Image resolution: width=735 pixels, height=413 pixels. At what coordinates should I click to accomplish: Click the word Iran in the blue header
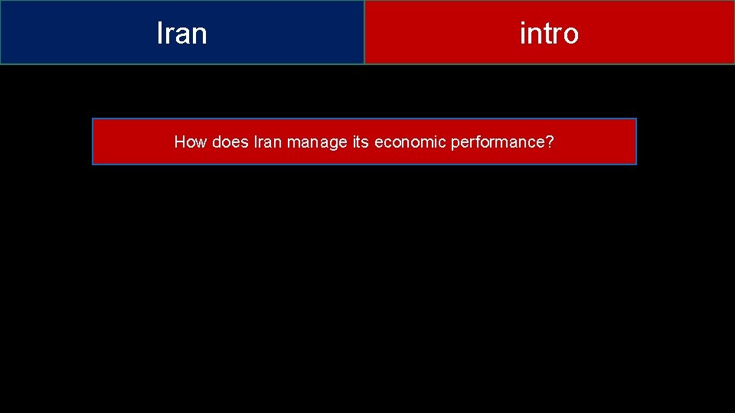coord(181,34)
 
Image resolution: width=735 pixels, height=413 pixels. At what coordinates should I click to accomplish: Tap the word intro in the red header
coord(549,34)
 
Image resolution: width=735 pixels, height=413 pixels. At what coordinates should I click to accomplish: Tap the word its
coord(361,141)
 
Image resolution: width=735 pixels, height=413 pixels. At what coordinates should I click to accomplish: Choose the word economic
coord(409,141)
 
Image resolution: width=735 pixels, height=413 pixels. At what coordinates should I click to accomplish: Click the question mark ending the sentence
coord(550,141)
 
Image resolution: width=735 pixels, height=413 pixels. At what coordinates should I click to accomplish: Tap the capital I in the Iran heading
coord(159,34)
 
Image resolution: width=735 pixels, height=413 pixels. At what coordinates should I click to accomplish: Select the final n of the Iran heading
coord(199,35)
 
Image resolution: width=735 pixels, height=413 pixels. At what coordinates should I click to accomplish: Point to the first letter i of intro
coord(522,34)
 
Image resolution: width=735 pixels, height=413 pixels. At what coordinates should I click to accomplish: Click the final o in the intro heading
coord(570,35)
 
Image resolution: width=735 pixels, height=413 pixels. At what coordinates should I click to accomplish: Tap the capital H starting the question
coord(180,141)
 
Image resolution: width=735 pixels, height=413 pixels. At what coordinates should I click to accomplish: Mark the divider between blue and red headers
coord(364,32)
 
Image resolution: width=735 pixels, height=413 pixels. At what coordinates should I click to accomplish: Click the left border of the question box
coord(93,141)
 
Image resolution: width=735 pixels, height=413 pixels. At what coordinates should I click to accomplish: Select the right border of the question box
coord(636,141)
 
